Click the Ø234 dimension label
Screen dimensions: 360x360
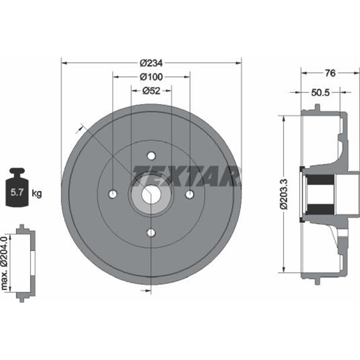coord(151,63)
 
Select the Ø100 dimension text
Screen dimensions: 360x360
coord(151,77)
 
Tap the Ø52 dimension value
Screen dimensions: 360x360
coord(151,91)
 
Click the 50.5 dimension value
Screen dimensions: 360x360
coord(321,93)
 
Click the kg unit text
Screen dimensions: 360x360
coord(37,194)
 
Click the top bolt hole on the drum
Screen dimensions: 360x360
coord(151,156)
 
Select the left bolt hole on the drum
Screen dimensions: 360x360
coord(112,194)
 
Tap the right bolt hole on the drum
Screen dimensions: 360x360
coord(190,194)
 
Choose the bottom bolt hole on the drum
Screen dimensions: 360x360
coord(151,232)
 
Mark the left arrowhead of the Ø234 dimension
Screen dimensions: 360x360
coord(63,63)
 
